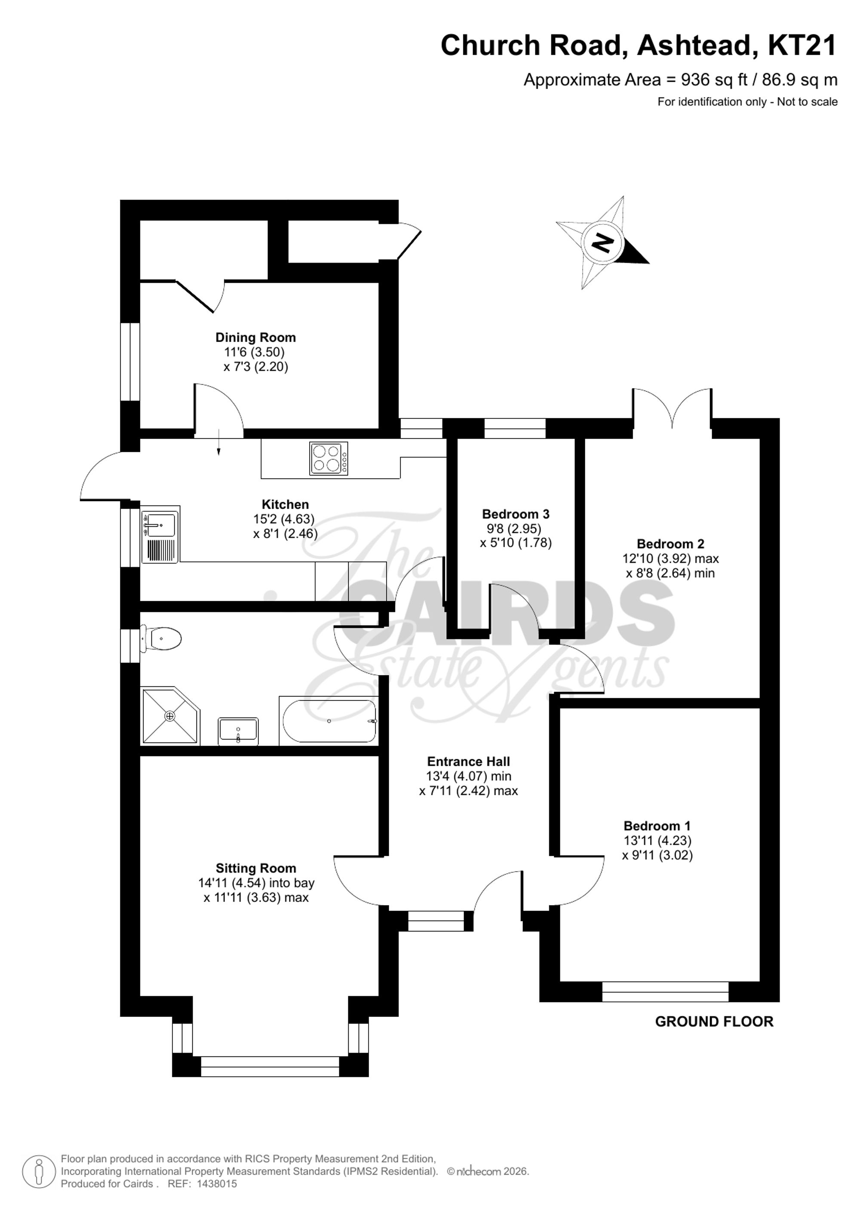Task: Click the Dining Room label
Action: (x=255, y=338)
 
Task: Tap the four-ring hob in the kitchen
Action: (x=329, y=458)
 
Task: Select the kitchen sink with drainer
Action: (x=160, y=534)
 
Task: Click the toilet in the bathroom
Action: (x=162, y=639)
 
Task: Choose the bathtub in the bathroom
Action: (x=329, y=721)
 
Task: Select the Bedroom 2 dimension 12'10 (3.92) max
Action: (x=670, y=558)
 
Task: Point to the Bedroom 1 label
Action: (x=657, y=826)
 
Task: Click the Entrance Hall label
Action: (x=468, y=762)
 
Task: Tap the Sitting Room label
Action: (x=256, y=868)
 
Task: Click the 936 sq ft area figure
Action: (x=714, y=80)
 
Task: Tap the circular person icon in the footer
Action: (x=39, y=1170)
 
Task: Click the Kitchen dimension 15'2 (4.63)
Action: (x=284, y=519)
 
